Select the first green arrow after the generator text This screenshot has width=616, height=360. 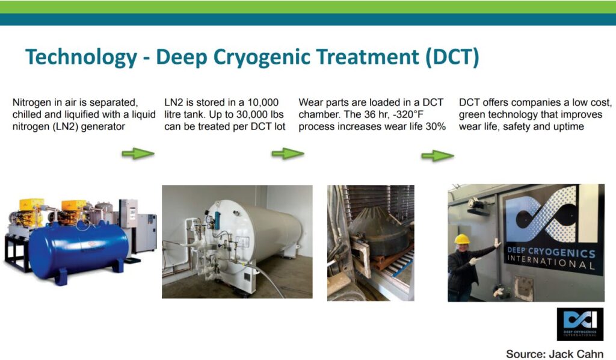coord(138,154)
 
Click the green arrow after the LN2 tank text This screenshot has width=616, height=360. coord(288,154)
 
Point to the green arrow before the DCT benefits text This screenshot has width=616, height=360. coord(437,156)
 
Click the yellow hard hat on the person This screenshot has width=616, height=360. coord(462,238)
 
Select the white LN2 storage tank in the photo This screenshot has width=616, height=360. coord(251,232)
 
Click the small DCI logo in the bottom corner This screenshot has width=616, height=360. coord(580,324)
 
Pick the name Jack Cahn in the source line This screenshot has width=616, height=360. coord(578,354)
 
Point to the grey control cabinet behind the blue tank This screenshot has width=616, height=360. coord(146,232)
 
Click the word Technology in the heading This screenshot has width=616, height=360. coord(81,57)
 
